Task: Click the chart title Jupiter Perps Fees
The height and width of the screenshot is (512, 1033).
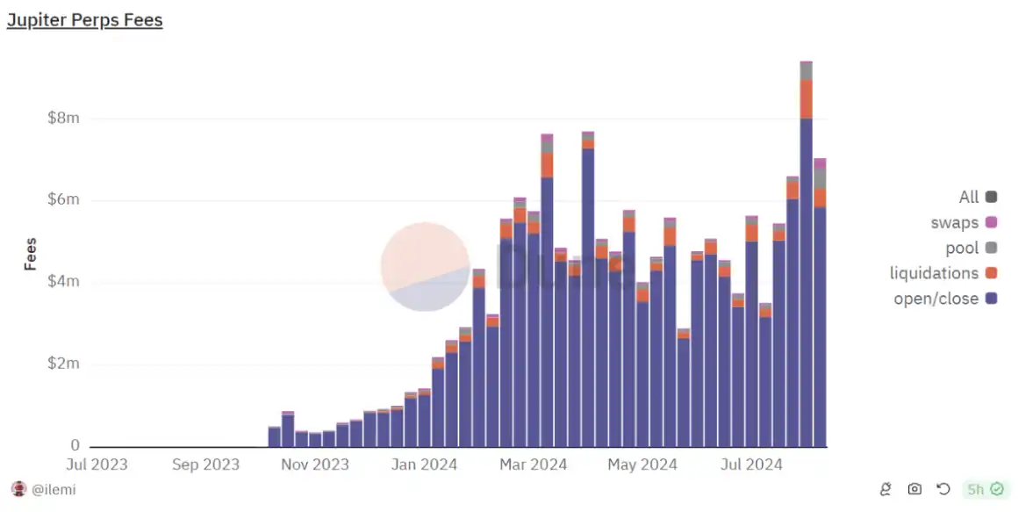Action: [84, 20]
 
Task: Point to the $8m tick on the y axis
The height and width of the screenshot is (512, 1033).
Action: [63, 119]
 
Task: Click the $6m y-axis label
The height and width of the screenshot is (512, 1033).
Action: [63, 200]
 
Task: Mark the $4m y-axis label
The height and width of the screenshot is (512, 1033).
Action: [63, 282]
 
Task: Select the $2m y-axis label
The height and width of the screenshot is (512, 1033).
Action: [63, 364]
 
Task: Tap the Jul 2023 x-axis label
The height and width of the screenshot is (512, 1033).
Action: [97, 465]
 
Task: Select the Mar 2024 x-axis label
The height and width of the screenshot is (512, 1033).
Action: [534, 465]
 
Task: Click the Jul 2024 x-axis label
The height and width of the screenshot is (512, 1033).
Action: [751, 465]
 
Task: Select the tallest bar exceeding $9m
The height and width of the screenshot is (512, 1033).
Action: [806, 255]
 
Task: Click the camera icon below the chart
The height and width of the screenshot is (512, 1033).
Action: [915, 489]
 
